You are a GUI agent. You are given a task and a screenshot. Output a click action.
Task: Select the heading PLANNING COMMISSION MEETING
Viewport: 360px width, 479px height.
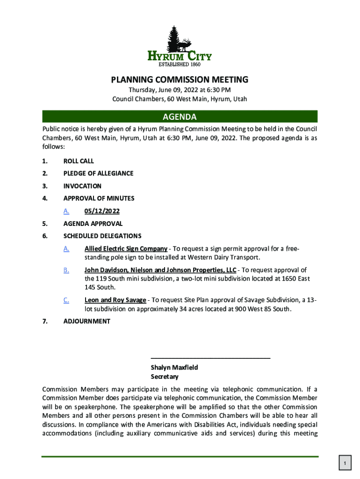[180, 80]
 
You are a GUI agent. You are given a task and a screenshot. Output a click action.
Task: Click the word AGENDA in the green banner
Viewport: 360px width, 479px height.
[180, 116]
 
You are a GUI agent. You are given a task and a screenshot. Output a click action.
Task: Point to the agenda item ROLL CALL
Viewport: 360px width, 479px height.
[79, 161]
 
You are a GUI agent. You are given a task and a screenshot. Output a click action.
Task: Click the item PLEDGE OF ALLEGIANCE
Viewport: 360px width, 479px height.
[98, 174]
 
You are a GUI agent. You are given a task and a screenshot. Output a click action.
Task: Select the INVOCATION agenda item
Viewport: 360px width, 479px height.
[82, 186]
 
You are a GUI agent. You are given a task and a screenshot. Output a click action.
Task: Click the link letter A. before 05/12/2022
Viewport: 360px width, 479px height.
[66, 211]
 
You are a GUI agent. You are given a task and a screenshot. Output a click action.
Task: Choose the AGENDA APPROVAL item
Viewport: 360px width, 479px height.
[93, 224]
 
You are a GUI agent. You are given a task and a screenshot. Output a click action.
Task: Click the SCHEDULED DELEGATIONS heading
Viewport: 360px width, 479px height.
[102, 236]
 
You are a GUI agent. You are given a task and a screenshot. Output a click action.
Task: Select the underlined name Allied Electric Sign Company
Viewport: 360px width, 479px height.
[126, 248]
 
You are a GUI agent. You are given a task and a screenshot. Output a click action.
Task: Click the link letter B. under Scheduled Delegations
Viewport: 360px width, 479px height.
[66, 270]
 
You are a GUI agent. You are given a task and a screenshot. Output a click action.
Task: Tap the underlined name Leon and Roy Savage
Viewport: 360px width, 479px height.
[115, 300]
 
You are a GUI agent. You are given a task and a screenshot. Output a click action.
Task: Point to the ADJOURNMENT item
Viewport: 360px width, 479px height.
[87, 321]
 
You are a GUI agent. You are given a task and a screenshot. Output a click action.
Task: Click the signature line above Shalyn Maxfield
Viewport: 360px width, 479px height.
[210, 358]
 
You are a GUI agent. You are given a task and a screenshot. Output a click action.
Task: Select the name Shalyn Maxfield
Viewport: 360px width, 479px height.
[174, 368]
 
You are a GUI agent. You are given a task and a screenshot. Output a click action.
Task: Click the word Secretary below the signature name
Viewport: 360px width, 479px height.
[164, 377]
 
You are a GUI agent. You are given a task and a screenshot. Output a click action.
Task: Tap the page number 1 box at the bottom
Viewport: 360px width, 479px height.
[344, 464]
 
